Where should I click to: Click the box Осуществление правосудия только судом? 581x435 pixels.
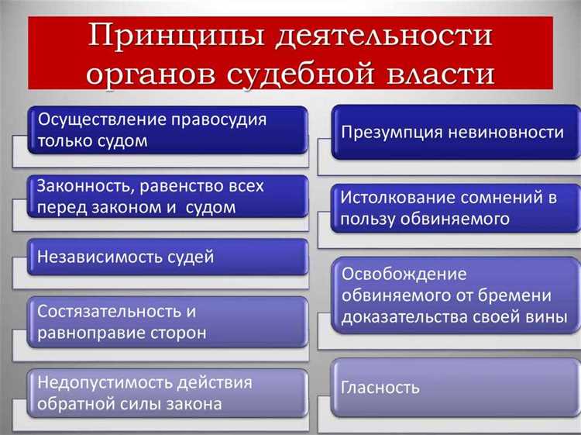point(167,130)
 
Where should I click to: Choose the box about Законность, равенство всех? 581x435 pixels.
point(167,197)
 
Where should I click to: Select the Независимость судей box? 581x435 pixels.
point(167,257)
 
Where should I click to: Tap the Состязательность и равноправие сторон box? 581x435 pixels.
point(167,323)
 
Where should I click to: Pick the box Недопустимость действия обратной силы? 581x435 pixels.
point(167,393)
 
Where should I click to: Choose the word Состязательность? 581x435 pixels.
point(101,312)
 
